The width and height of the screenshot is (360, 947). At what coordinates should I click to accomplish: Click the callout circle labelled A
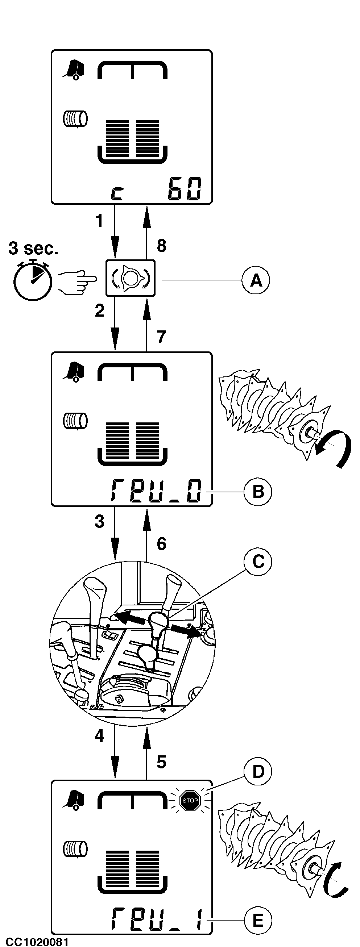[x=256, y=280]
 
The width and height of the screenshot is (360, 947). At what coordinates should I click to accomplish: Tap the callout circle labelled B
[x=258, y=492]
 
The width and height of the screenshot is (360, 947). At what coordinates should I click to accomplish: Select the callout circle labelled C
[x=258, y=562]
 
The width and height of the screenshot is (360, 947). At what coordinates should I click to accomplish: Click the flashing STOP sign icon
[x=190, y=800]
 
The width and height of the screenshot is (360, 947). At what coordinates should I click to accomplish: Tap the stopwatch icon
[x=33, y=279]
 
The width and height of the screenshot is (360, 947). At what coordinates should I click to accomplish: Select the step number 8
[x=161, y=246]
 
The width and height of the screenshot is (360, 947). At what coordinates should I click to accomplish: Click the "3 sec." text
[x=33, y=249]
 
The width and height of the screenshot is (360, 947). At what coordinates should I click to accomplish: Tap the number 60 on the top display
[x=185, y=189]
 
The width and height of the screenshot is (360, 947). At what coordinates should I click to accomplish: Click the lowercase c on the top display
[x=117, y=193]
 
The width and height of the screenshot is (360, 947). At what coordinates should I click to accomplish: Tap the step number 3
[x=99, y=522]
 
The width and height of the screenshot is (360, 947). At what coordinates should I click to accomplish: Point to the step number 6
[x=161, y=544]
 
